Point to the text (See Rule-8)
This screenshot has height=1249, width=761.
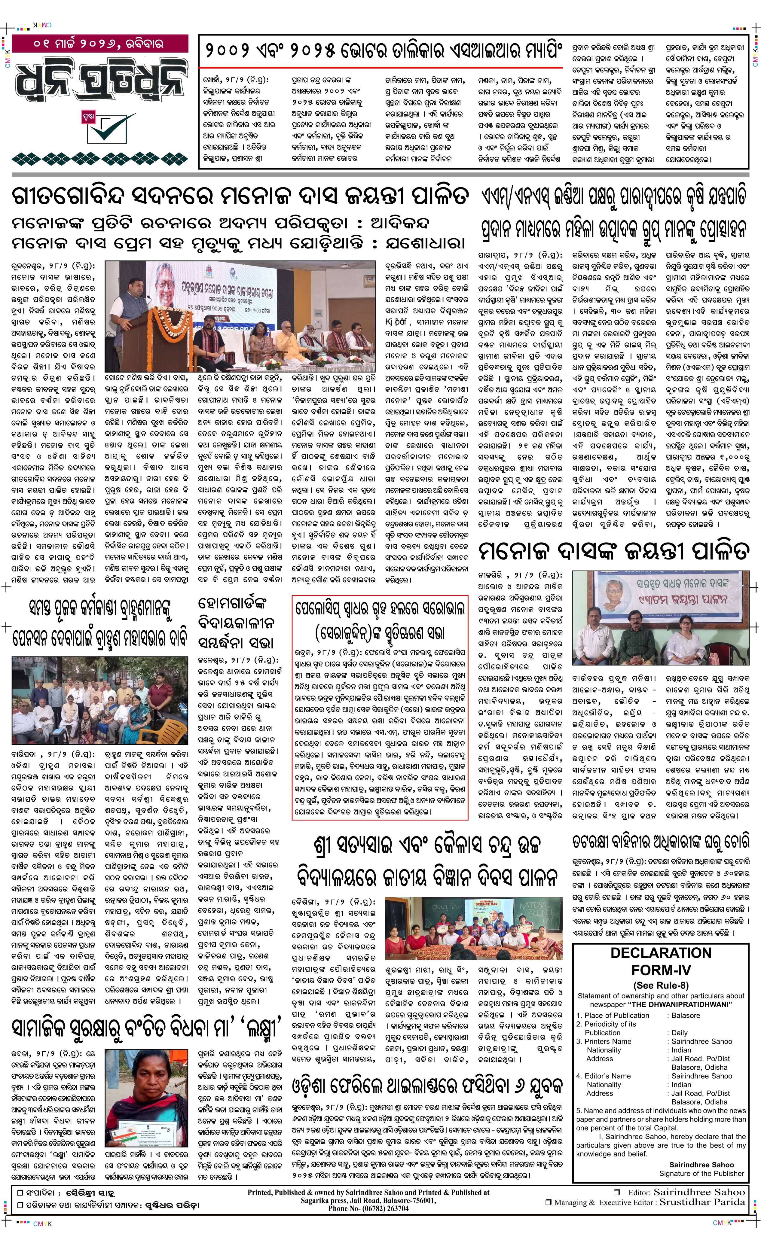661,985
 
